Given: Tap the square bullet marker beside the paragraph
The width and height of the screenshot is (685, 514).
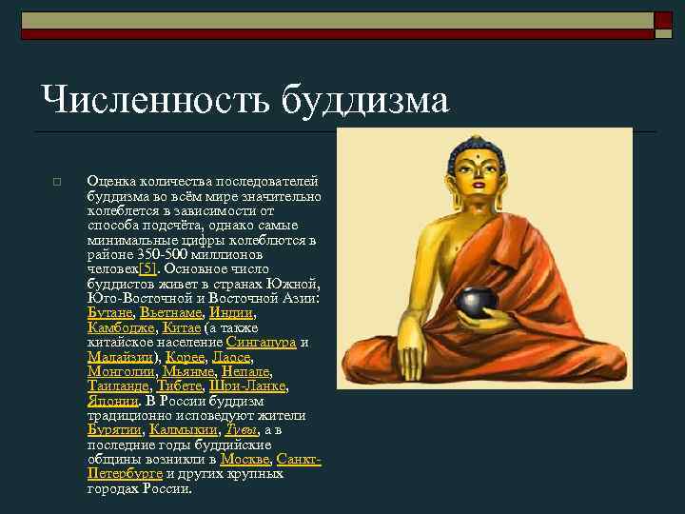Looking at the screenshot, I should pyautogui.click(x=58, y=182).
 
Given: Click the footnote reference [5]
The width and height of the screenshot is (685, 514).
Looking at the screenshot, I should pyautogui.click(x=147, y=269).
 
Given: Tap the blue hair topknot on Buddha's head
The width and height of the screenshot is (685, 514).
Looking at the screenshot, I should pyautogui.click(x=473, y=147).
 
